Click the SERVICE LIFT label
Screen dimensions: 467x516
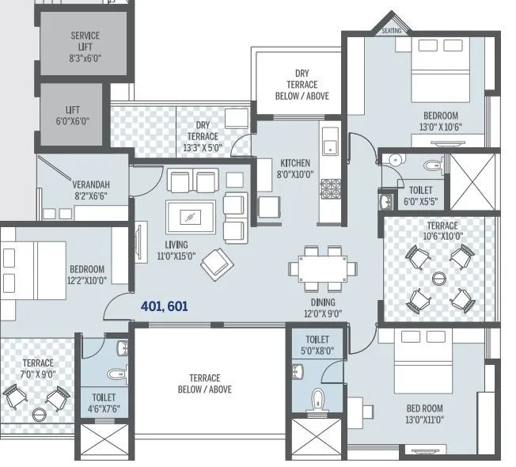[x=84, y=47]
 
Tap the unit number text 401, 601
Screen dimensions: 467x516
[x=164, y=306]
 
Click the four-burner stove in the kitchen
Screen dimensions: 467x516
[x=330, y=189]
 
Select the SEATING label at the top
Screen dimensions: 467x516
[x=392, y=31]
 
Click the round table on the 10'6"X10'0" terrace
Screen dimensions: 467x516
[x=439, y=279]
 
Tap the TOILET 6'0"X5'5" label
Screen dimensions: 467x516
[x=420, y=196]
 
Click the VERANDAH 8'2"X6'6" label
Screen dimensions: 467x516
[x=90, y=191]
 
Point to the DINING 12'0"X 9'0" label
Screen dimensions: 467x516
[x=323, y=308]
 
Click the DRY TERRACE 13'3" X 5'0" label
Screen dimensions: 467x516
[x=203, y=136]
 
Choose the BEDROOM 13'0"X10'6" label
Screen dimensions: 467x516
[x=439, y=120]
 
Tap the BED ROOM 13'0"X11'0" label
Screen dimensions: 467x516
[x=425, y=414]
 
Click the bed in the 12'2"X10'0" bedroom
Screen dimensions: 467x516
[x=33, y=269]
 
